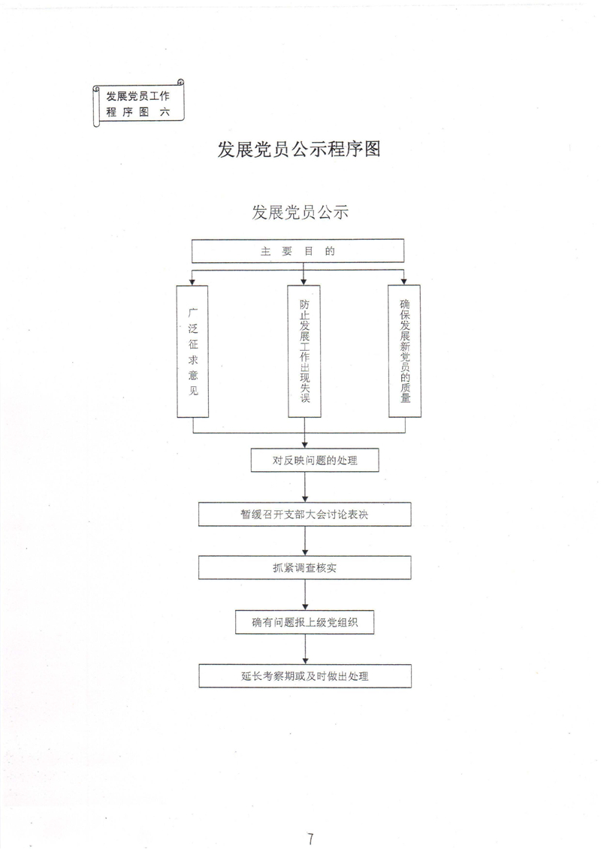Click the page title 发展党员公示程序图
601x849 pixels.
299,149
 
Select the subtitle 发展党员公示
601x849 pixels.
300,213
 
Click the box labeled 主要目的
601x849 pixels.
298,252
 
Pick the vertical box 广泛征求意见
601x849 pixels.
193,351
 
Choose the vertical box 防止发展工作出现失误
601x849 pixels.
304,351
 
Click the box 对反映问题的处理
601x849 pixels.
315,461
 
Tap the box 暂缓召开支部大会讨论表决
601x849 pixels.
304,515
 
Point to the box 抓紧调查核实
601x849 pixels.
304,568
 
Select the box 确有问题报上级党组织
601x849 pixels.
304,622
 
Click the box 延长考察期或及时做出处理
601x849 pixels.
304,676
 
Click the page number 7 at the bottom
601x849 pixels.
310,818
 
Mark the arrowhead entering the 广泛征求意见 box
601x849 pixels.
193,282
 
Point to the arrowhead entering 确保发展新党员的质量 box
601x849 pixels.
405,282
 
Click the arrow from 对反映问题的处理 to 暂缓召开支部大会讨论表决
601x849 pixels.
304,488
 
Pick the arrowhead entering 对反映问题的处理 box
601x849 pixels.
304,445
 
